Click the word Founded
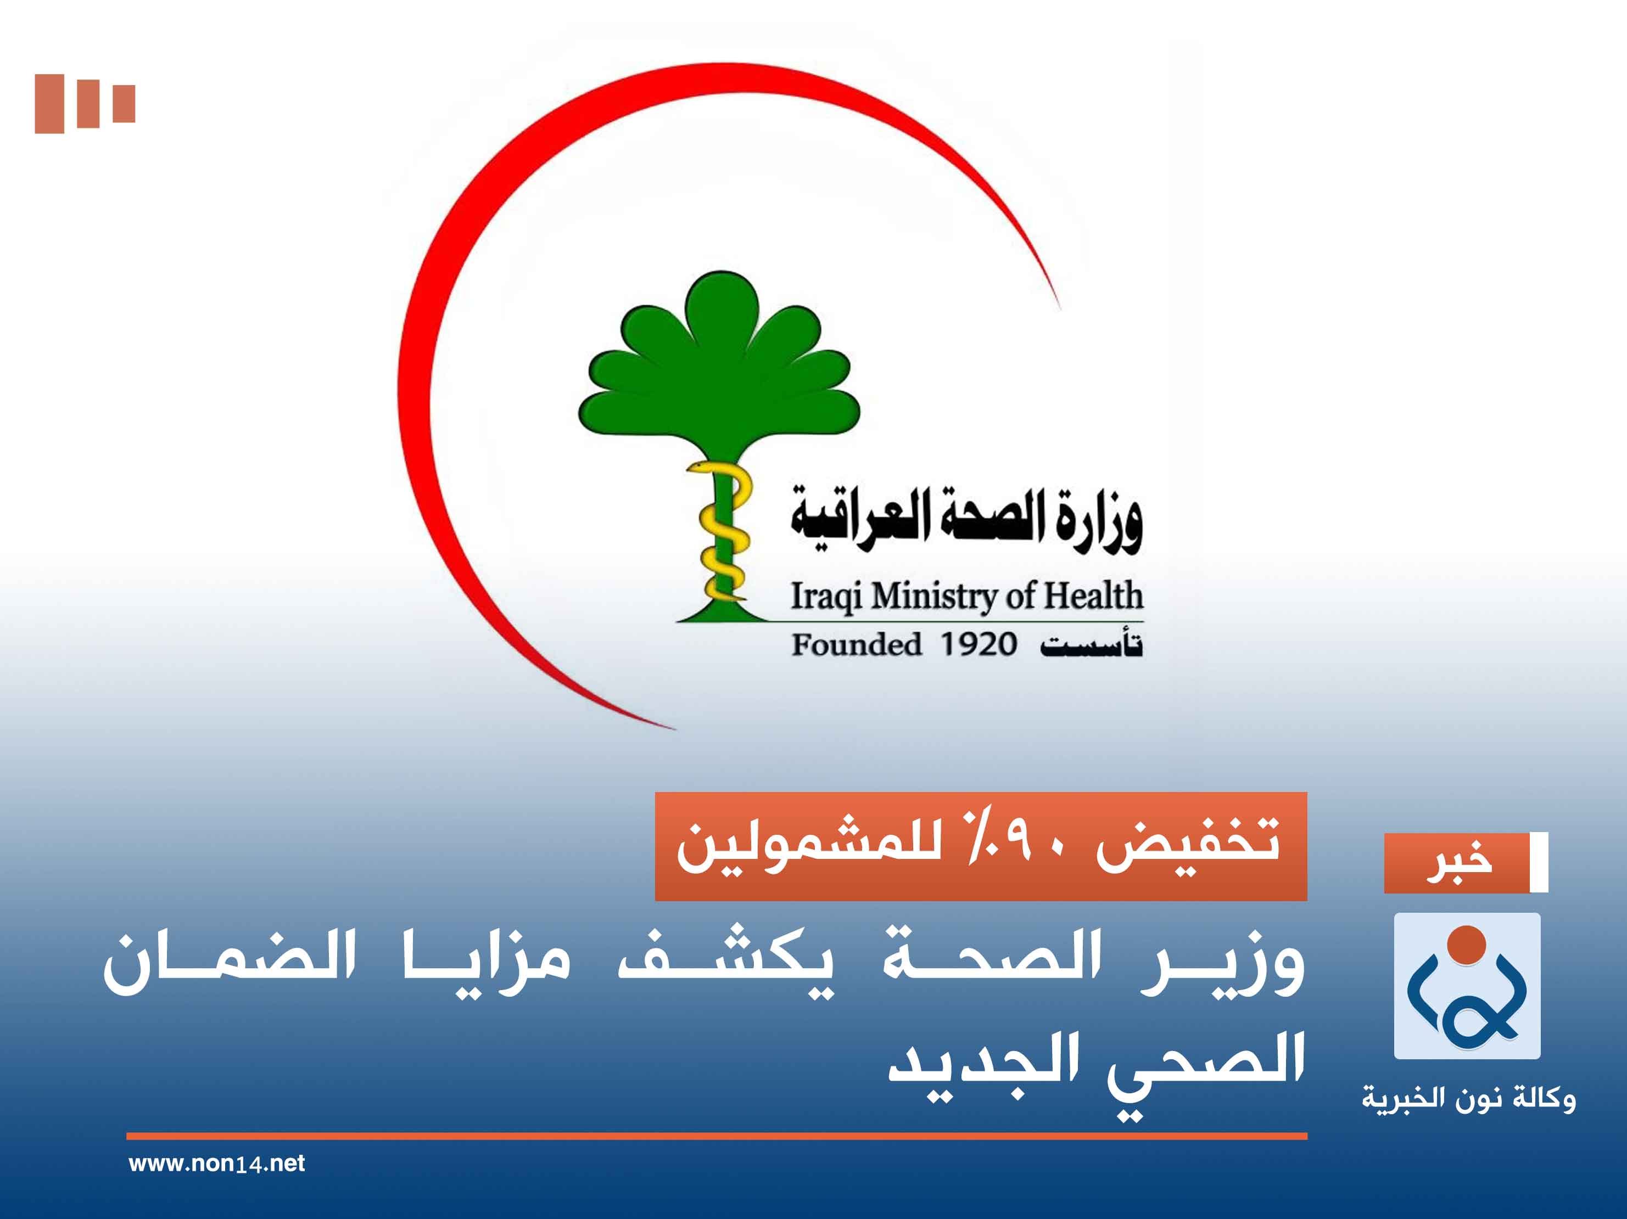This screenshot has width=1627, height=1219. (x=856, y=645)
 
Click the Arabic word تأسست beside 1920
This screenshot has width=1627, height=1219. (x=1091, y=645)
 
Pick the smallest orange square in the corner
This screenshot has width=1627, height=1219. (x=124, y=104)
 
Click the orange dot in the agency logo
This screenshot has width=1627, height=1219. (x=1467, y=945)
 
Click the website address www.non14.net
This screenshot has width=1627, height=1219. (x=216, y=1163)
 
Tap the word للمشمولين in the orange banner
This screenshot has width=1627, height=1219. (x=809, y=846)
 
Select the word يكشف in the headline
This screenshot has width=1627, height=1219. (x=725, y=962)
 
